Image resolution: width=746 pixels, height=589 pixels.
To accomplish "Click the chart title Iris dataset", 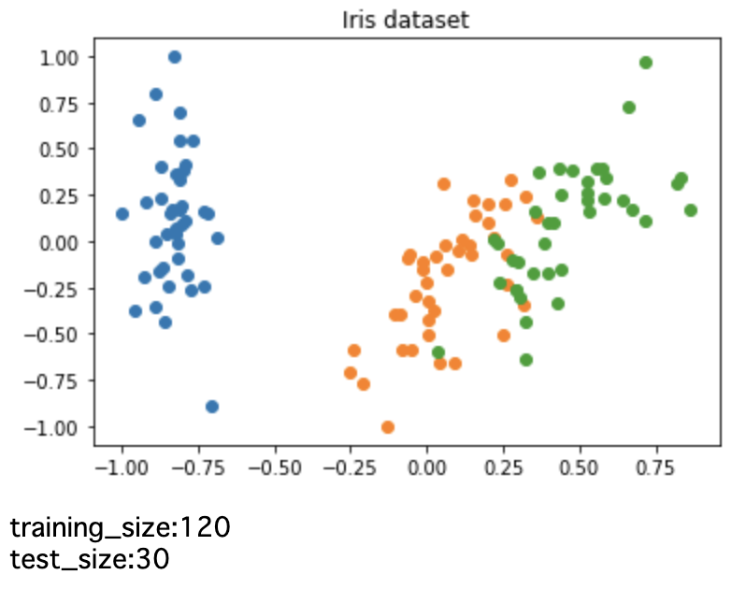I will coord(407,19).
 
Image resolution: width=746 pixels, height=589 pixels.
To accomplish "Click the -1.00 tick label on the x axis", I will coord(120,463).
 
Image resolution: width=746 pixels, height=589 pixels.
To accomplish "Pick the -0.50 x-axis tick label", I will coord(273,463).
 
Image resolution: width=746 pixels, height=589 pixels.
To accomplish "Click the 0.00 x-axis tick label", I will coord(427,463).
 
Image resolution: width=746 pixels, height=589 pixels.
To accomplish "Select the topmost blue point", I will coord(174,57).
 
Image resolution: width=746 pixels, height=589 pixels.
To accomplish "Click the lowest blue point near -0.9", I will coord(212,407).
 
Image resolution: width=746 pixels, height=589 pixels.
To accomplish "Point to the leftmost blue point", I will coord(122,214).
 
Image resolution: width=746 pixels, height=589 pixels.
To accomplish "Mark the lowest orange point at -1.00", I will coord(388,427).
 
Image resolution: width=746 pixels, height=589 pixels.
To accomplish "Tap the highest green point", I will coord(645,63).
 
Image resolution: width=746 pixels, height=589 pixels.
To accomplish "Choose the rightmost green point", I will coord(691,210).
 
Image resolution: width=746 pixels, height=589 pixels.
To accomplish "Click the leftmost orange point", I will coord(351,373).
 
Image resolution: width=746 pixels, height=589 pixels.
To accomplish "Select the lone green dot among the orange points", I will coord(438,352).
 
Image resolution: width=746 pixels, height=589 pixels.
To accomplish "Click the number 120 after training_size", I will coord(201,528).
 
